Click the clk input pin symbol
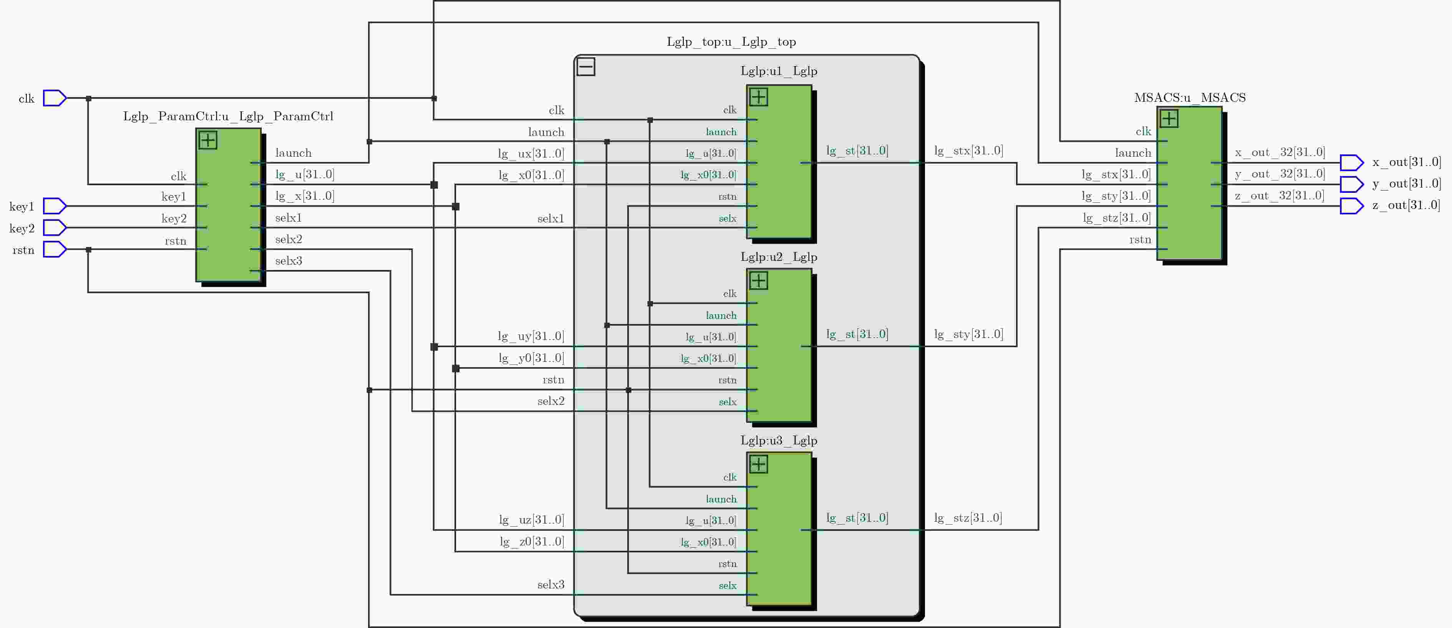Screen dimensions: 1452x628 55,98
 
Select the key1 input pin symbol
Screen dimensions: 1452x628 55,206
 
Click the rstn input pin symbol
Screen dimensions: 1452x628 55,249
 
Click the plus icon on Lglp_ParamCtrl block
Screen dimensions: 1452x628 208,140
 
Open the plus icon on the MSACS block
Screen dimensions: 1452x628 1169,118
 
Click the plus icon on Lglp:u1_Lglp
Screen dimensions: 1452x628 759,97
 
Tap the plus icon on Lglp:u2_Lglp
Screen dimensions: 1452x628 759,281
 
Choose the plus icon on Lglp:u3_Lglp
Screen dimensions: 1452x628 759,464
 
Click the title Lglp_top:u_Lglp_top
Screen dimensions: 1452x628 731,42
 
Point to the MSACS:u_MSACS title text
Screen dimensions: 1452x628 1190,98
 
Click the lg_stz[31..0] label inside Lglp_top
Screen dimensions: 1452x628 968,517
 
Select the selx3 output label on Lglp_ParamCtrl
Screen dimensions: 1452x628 288,260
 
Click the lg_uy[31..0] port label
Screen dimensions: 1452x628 530,336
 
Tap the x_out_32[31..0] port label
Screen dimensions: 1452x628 1280,152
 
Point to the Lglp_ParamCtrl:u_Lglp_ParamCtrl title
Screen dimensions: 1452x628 228,116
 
